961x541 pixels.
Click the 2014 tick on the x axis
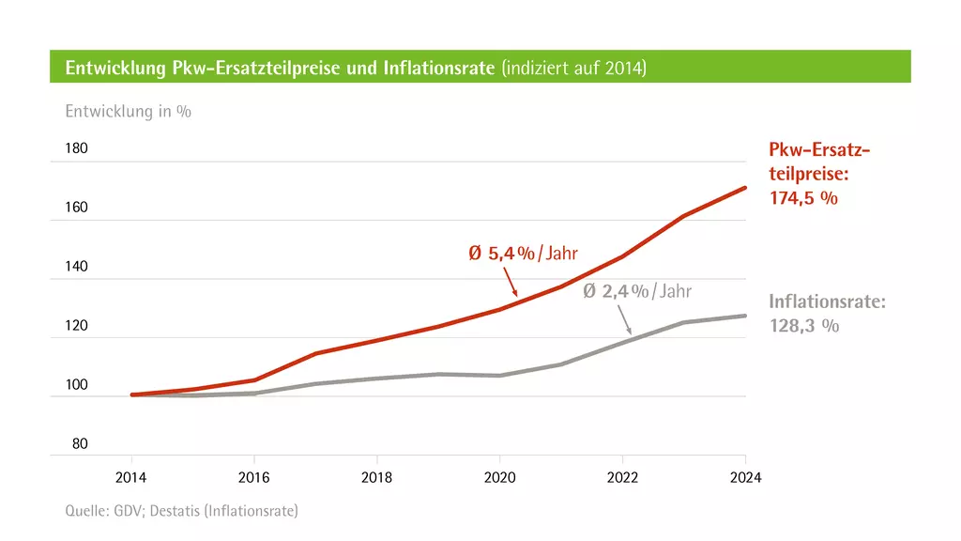130,477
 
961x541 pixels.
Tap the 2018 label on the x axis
376,477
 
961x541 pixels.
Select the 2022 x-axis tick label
622,477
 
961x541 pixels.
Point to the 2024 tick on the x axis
745,477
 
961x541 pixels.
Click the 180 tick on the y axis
77,148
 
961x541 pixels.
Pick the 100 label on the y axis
77,385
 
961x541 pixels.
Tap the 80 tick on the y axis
80,444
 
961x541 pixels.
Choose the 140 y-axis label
77,267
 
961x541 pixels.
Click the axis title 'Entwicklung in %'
128,112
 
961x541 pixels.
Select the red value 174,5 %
803,198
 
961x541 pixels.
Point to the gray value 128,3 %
803,326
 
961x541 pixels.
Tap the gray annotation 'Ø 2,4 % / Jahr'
637,291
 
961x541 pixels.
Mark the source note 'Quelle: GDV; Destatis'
181,511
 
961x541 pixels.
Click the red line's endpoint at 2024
745,188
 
